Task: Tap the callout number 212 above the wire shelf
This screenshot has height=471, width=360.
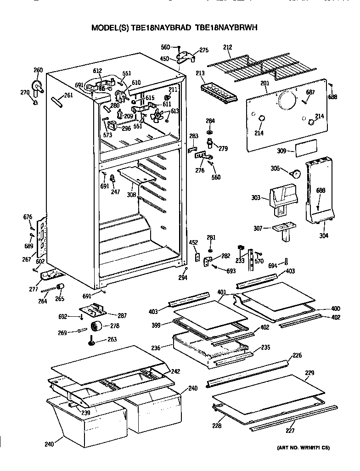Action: point(227,47)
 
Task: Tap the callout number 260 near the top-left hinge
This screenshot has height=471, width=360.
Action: point(38,70)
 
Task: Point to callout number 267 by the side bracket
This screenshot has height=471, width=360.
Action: point(27,259)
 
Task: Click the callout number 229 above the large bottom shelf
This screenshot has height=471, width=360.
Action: point(309,373)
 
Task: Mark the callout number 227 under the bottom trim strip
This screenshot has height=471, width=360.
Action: point(290,430)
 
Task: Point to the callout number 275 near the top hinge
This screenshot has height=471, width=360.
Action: point(203,50)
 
